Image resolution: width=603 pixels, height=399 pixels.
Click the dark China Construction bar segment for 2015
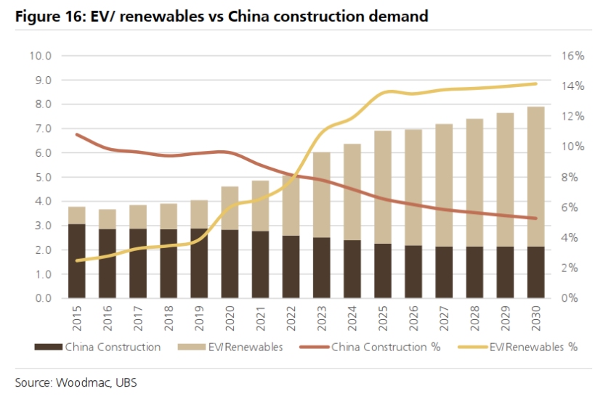[x=76, y=261]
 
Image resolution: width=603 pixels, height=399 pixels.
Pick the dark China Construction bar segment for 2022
[x=291, y=267]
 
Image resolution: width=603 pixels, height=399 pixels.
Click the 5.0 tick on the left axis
[x=42, y=177]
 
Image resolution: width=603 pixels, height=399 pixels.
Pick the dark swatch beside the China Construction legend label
[x=48, y=347]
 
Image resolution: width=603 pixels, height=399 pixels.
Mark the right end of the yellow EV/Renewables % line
[x=535, y=83]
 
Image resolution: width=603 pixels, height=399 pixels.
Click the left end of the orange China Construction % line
[x=76, y=134]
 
